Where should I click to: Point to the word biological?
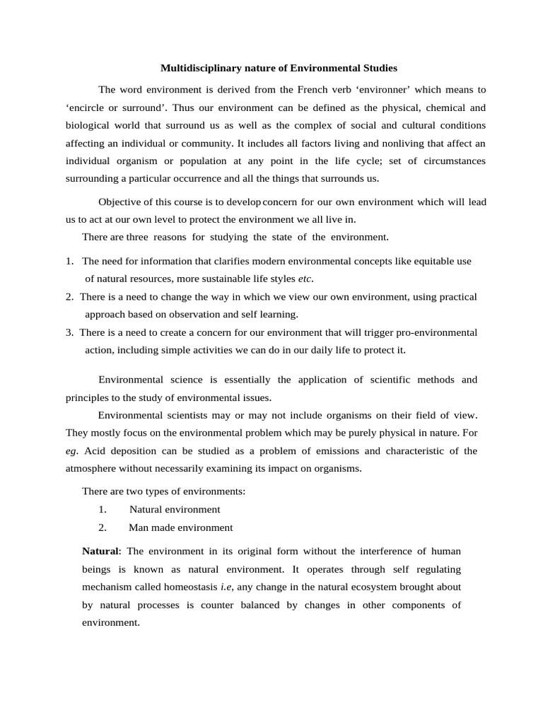[90, 125]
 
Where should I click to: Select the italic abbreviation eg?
[71, 450]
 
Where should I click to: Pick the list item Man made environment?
[180, 527]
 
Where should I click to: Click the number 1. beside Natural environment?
[103, 509]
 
